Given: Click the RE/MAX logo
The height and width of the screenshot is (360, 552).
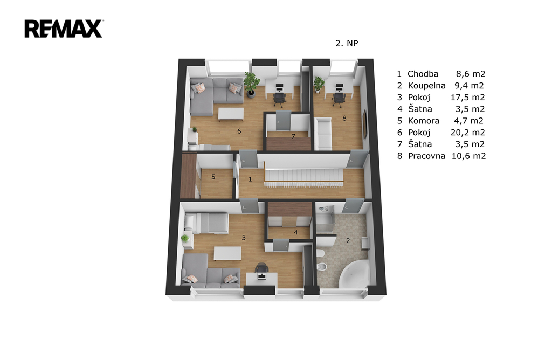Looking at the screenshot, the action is (x=64, y=29).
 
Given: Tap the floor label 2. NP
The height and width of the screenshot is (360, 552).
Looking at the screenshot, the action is (x=347, y=43).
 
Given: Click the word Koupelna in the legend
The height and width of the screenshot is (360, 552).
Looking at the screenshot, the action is (x=427, y=86).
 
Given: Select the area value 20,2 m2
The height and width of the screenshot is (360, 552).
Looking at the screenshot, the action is (x=468, y=133).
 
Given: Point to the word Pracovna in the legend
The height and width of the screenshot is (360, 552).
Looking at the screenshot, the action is (x=427, y=156).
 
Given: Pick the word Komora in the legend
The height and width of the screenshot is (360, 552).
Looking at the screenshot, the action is (x=424, y=121).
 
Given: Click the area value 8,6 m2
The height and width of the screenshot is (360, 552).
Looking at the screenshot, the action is (x=471, y=74).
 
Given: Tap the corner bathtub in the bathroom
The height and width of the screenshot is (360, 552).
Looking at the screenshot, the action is (x=354, y=274).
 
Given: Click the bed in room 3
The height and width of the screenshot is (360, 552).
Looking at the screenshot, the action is (x=206, y=223).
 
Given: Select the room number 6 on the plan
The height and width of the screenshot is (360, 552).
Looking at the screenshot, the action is (x=239, y=131).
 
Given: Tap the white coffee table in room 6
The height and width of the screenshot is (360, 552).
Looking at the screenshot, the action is (x=231, y=114).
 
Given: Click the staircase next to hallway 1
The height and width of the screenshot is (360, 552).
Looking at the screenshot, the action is (x=304, y=176).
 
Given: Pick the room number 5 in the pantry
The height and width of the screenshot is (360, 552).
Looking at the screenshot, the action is (x=213, y=177).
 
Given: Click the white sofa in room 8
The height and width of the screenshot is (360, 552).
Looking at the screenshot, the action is (x=323, y=133).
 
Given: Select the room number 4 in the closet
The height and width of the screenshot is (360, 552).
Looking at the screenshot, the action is (x=296, y=232).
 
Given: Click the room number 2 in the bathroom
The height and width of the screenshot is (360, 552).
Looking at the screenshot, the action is (x=348, y=241).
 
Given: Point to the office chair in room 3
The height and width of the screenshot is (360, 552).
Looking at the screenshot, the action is (x=261, y=268).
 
